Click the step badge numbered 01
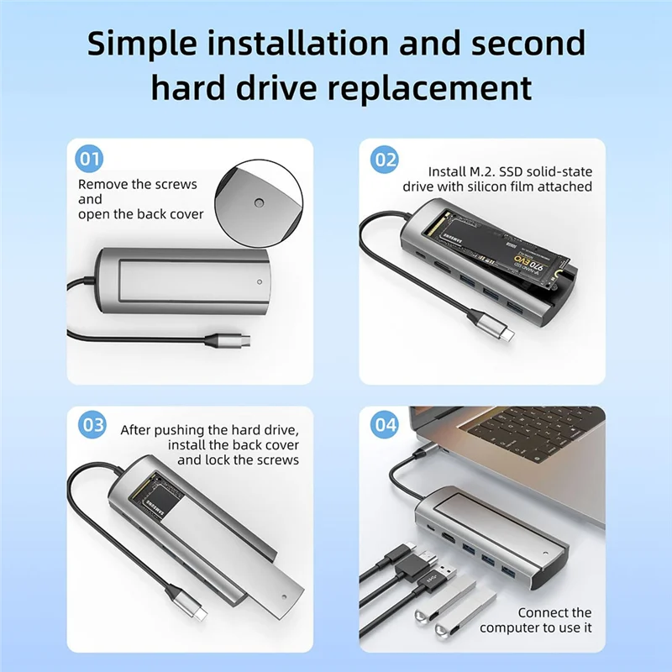[89, 158]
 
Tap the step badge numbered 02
[385, 158]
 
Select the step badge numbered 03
[91, 424]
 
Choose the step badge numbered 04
[385, 424]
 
